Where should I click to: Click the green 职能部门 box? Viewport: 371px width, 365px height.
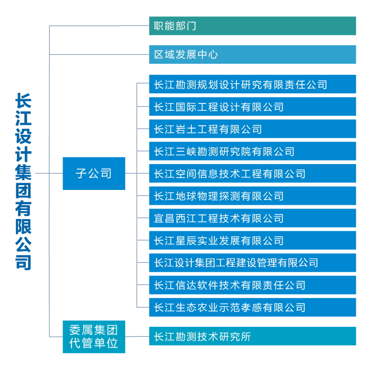[252, 26]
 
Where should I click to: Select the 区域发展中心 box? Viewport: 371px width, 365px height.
[252, 55]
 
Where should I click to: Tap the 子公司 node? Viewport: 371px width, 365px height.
[94, 173]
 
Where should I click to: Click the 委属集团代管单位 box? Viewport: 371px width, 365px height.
[94, 336]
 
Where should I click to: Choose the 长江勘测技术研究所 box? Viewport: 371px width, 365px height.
[252, 336]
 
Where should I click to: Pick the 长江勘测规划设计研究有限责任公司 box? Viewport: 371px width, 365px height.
[252, 84]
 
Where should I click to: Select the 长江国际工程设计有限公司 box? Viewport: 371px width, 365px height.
[252, 106]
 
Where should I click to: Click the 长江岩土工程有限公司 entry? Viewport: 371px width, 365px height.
[252, 128]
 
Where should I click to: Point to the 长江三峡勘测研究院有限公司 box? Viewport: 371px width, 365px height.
[252, 151]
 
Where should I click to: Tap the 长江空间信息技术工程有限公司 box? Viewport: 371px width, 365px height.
[252, 173]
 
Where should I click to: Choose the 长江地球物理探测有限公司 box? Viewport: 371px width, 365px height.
[252, 196]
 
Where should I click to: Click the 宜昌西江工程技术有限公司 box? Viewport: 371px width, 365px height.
[252, 218]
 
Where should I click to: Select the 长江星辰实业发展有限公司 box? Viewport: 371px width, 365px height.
[252, 240]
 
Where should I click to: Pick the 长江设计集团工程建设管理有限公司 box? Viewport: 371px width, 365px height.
[252, 263]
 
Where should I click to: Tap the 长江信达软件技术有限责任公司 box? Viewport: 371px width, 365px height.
[252, 285]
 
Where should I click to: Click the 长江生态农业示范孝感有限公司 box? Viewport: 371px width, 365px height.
[252, 307]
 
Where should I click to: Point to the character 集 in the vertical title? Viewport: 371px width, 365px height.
[23, 172]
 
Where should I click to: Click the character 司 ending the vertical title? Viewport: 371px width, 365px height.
[23, 263]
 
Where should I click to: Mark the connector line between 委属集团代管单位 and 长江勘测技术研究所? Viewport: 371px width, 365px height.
[137, 336]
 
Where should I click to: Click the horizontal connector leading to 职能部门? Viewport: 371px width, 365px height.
[99, 25]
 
